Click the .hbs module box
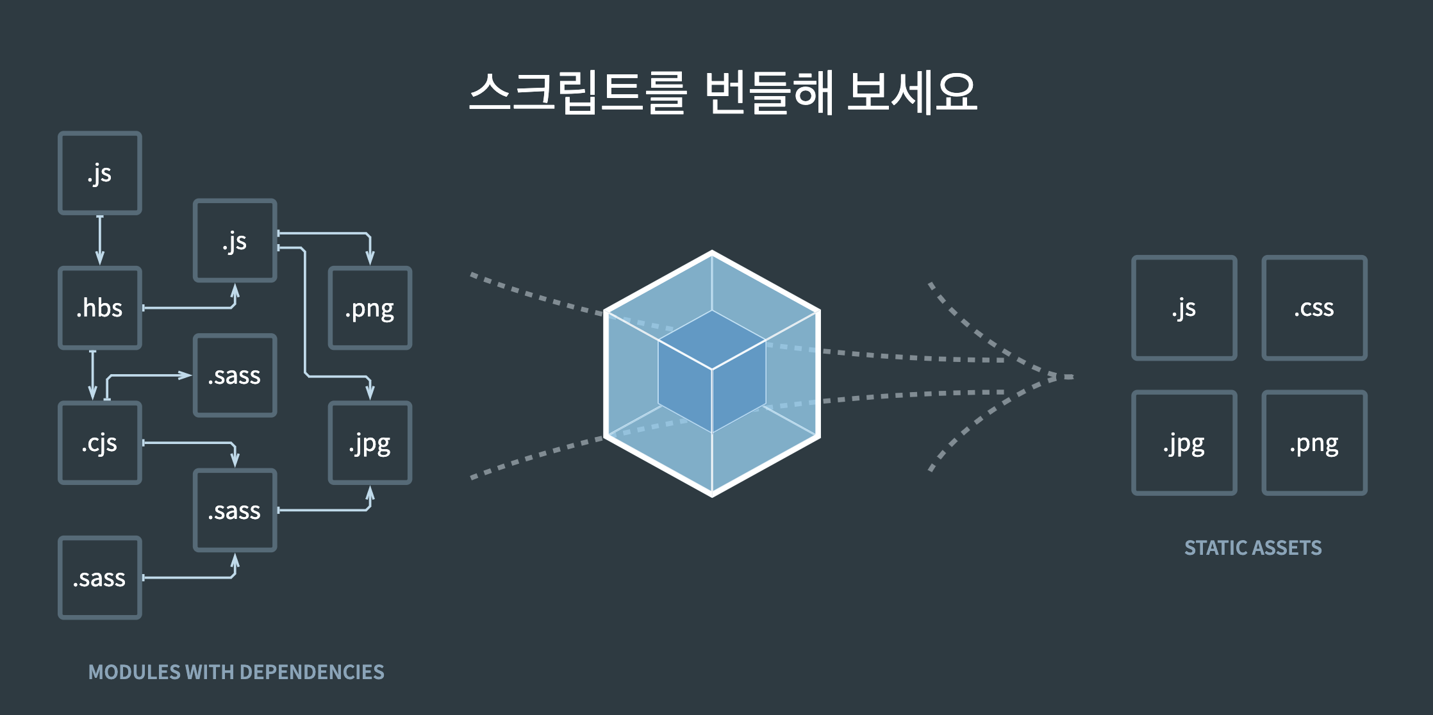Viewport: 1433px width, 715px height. (100, 308)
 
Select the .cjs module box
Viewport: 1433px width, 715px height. (100, 443)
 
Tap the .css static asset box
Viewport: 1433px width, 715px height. (1314, 308)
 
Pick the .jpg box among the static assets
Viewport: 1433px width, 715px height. (1184, 443)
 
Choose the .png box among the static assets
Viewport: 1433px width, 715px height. (1314, 443)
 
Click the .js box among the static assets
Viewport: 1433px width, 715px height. (1184, 308)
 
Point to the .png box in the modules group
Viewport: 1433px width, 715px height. (370, 308)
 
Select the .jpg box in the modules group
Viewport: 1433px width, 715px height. (370, 443)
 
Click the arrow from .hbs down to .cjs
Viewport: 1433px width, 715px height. (93, 375)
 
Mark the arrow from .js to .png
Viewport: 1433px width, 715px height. (333, 234)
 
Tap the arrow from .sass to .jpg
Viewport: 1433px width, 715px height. (327, 510)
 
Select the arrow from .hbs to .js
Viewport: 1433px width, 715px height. (192, 308)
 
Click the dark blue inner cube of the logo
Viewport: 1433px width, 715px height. (711, 372)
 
